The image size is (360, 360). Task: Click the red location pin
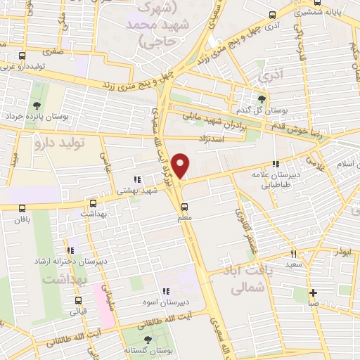point(182,166)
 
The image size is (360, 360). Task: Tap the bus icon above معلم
point(185,207)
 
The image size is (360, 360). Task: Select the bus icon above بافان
point(22,207)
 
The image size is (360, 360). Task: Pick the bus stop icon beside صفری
point(22,56)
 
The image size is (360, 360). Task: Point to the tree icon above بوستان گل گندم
point(262,99)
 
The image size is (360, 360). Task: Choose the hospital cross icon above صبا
point(313,293)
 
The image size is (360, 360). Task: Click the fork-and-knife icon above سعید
point(293,254)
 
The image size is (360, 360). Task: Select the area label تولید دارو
point(59,143)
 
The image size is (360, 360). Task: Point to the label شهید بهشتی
point(129,190)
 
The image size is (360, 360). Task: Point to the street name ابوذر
point(344,250)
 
